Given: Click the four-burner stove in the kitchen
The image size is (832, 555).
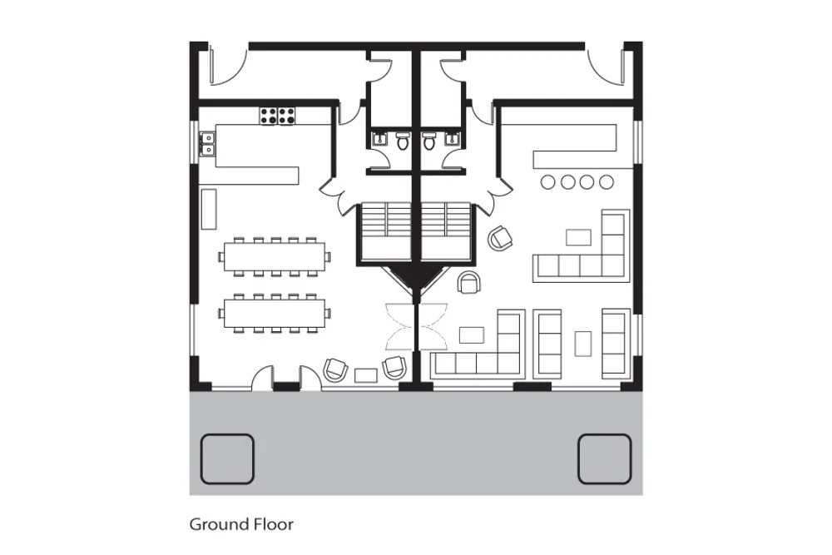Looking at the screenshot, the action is (x=277, y=116).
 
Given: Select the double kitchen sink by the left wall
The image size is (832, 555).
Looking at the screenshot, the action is (x=207, y=144).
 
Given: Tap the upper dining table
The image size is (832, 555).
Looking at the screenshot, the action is (x=275, y=257).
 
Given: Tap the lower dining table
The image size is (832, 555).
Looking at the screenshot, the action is (x=275, y=314).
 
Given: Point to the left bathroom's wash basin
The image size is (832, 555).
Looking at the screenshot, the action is (x=379, y=139).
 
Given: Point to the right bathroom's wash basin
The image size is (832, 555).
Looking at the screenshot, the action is (x=452, y=139).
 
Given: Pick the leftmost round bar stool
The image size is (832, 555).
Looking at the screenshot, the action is (x=547, y=182).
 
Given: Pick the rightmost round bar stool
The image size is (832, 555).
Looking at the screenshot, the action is (x=607, y=182).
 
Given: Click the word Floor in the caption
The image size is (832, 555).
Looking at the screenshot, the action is (x=273, y=524).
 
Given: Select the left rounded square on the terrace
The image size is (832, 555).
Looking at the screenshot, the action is (x=227, y=459).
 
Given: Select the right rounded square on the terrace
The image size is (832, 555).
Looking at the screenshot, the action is (x=604, y=459).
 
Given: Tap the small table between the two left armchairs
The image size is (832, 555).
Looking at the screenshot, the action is (x=366, y=375).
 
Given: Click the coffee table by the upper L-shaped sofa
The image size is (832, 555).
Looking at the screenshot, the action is (x=578, y=237).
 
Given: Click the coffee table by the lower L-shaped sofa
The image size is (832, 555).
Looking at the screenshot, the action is (x=472, y=335).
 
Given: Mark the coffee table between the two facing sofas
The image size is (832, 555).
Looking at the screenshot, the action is (x=583, y=344).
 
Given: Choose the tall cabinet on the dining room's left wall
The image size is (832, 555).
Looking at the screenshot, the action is (x=209, y=209).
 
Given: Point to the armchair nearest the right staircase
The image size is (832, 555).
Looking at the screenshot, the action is (x=500, y=238).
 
